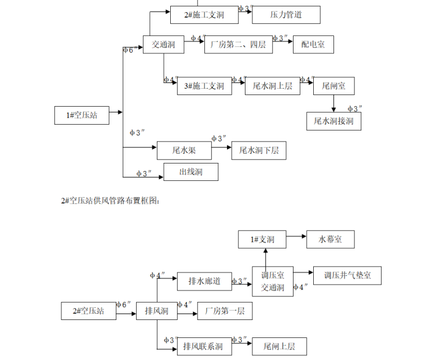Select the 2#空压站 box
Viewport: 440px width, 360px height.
[x=88, y=311]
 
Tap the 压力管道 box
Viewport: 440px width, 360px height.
[x=285, y=14]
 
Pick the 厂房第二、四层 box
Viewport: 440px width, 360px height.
[x=237, y=44]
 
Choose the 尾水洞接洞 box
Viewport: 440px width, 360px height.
[x=333, y=121]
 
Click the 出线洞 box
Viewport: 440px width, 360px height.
[x=190, y=172]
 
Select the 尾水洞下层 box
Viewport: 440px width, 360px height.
[x=259, y=151]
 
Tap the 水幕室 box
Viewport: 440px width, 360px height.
[x=331, y=239]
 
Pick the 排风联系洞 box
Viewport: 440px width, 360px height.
[x=203, y=346]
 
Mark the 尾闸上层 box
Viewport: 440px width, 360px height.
[x=279, y=346]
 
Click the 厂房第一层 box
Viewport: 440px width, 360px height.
[x=225, y=311]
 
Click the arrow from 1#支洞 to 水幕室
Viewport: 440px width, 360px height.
[x=298, y=237]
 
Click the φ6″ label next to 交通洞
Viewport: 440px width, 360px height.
[x=131, y=50]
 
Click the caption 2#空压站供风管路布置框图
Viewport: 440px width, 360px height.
[x=109, y=201]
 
